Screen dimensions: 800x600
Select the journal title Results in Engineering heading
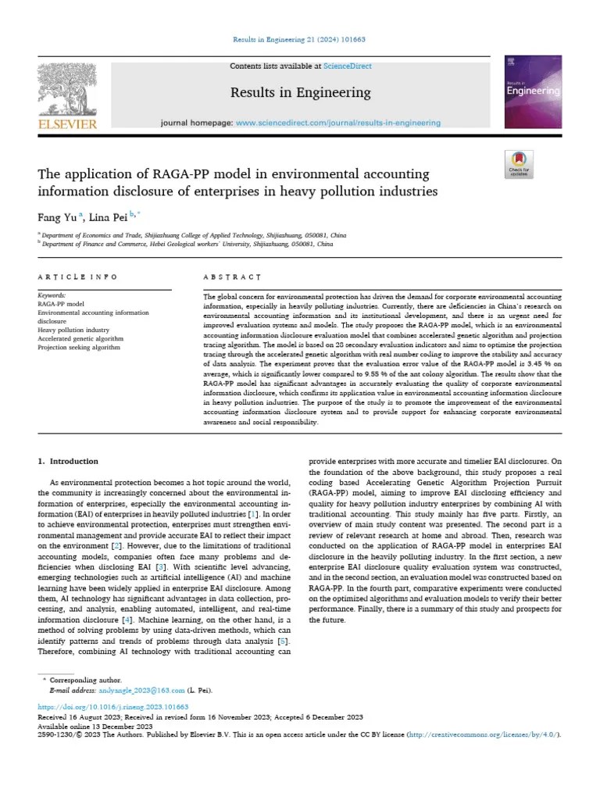[300, 93]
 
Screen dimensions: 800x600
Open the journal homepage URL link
[337, 123]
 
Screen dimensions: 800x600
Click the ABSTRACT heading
[232, 277]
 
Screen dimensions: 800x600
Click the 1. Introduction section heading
[69, 461]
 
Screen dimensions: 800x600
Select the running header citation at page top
[300, 39]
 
